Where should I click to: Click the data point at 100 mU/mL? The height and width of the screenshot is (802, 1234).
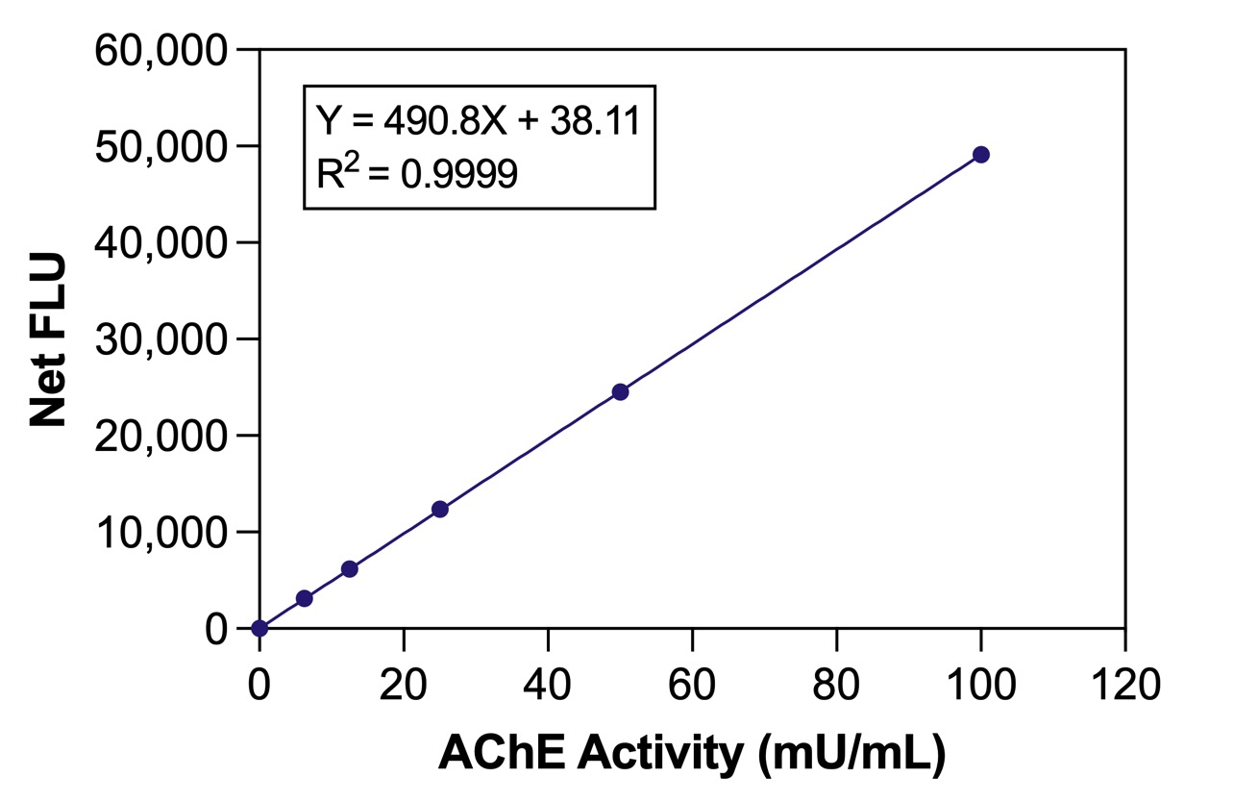click(980, 155)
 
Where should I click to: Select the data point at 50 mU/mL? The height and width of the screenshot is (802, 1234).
click(620, 391)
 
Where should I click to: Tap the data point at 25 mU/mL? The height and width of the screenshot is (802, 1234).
click(439, 509)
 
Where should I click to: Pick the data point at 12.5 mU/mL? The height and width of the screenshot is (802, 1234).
click(350, 569)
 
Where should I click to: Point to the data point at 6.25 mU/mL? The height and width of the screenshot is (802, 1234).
click(305, 598)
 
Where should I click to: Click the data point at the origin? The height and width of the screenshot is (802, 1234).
click(259, 628)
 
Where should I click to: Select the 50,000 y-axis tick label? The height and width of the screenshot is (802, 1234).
click(160, 146)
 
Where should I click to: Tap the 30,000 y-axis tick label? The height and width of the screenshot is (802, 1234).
click(160, 339)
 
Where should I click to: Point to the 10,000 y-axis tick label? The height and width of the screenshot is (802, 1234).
click(160, 532)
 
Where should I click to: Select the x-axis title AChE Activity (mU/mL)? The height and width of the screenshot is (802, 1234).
click(692, 755)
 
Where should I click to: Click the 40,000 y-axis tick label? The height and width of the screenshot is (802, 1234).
click(160, 242)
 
